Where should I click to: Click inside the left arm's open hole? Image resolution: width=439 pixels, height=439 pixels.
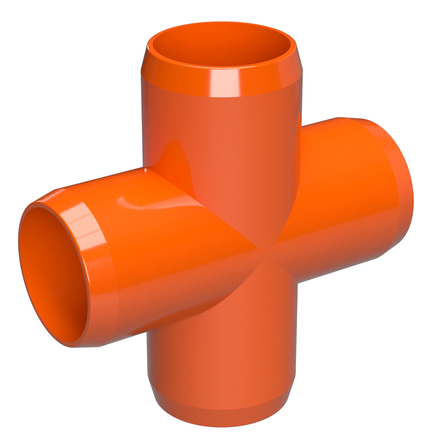click(52, 274)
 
